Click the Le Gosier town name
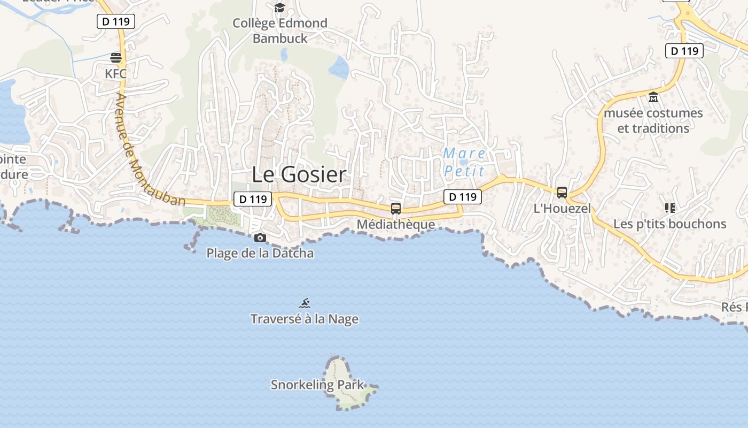(299, 174)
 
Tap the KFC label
(116, 74)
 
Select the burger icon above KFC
(116, 58)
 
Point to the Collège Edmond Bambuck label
(280, 30)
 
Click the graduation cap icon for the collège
(279, 7)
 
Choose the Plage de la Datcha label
(260, 253)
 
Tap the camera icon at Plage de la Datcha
(260, 238)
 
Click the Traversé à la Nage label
(305, 319)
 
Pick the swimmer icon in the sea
(305, 304)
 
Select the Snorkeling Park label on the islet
(317, 385)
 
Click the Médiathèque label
(396, 224)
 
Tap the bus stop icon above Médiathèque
(396, 209)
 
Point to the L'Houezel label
(563, 208)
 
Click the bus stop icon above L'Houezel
(562, 193)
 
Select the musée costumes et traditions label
(653, 121)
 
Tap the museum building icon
(653, 97)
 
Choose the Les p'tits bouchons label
(670, 224)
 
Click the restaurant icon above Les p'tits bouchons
(670, 208)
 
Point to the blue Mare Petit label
(464, 162)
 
